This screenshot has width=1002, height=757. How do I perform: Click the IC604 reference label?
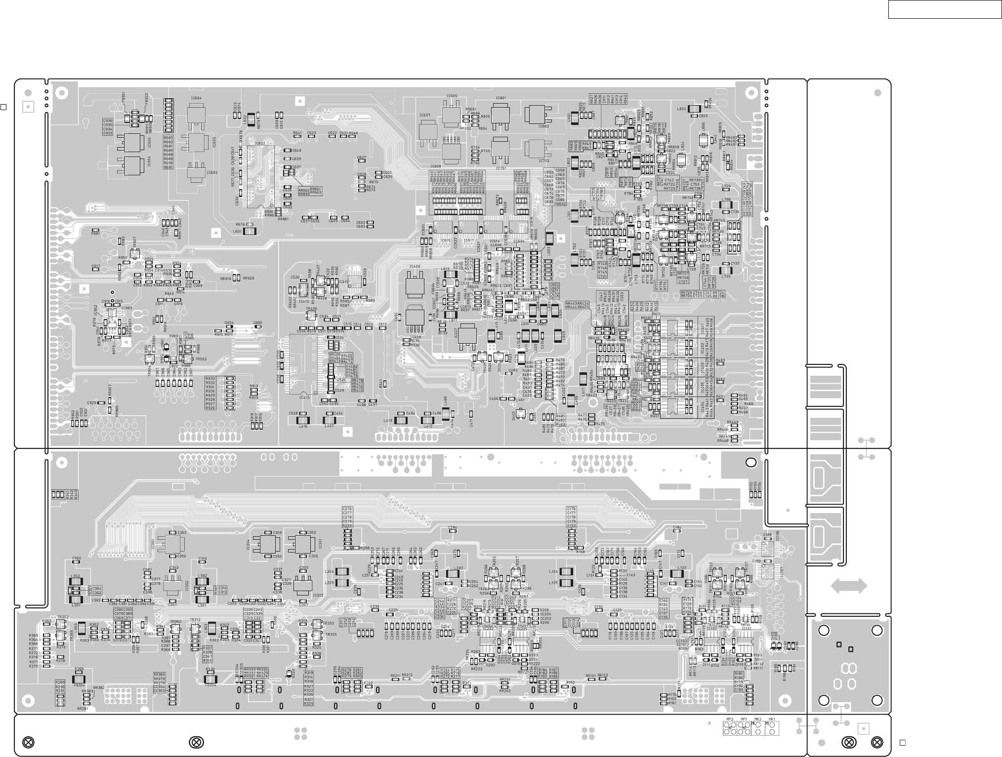196,98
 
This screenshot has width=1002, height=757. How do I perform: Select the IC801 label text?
501,98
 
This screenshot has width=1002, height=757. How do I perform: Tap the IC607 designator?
424,115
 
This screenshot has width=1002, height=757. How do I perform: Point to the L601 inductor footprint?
250,231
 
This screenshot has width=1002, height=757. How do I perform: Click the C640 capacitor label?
296,151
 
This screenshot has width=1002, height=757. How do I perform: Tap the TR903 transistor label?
201,359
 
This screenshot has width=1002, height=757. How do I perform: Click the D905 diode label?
258,322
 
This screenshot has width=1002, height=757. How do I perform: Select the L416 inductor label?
303,426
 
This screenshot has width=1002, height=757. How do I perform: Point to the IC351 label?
153,545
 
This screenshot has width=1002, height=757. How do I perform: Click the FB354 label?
79,685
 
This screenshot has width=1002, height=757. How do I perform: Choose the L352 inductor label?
76,576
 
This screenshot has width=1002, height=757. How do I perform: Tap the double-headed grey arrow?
849,586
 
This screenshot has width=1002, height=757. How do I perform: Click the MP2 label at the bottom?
729,719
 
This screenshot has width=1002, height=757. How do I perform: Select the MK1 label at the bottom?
772,719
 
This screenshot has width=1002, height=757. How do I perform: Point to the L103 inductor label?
682,568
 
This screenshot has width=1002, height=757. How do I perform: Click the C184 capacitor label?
677,527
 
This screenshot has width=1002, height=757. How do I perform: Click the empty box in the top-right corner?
944,9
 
